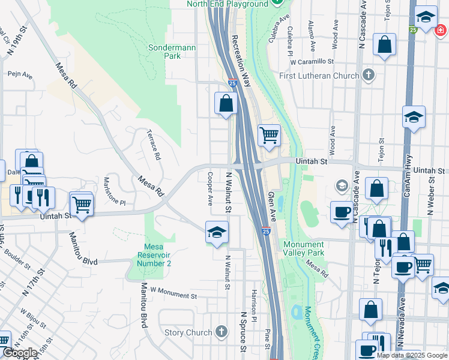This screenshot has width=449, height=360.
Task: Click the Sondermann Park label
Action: click(164, 52)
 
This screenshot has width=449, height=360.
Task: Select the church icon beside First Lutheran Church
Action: click(369, 76)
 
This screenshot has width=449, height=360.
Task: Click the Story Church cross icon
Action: click(221, 332)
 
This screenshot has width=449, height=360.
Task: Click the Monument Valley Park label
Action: click(304, 248)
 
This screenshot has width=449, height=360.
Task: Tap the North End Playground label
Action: click(228, 4)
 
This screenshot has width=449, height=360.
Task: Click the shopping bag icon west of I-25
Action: click(226, 103)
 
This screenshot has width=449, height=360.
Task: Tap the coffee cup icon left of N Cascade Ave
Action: click(342, 212)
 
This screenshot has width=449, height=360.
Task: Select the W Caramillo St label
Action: click(311, 61)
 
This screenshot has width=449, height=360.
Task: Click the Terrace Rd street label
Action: click(154, 145)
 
